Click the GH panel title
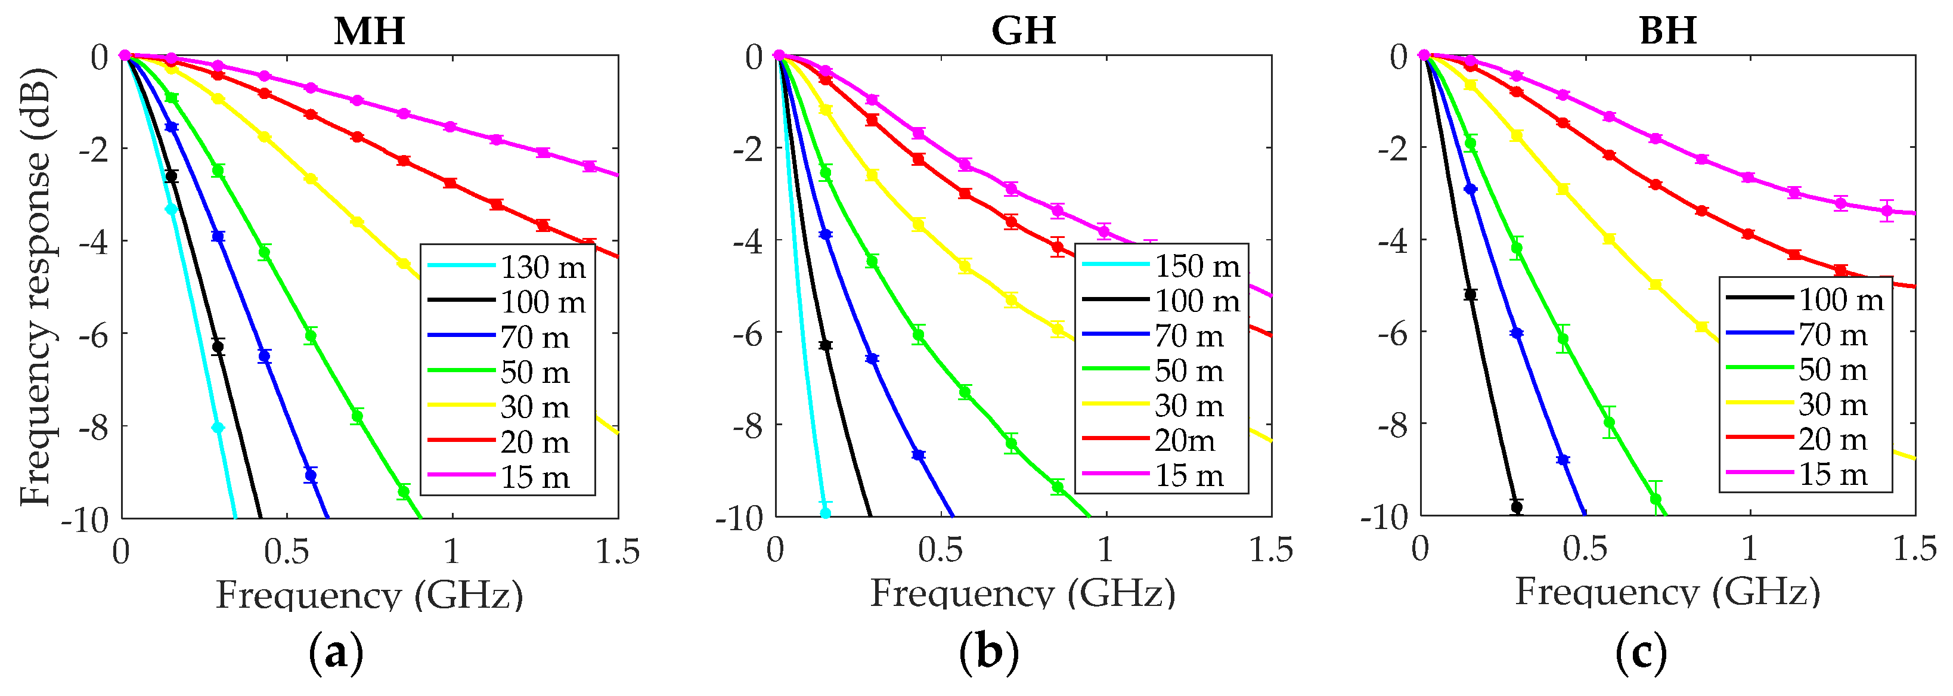point(1023,31)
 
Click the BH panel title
point(1667,31)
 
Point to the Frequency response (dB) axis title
point(36,287)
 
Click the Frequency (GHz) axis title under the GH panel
point(1022,593)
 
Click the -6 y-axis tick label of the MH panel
point(94,333)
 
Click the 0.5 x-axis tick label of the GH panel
point(940,550)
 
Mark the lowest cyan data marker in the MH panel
point(218,428)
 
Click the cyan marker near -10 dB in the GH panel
point(826,514)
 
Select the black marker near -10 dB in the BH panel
point(1516,507)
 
